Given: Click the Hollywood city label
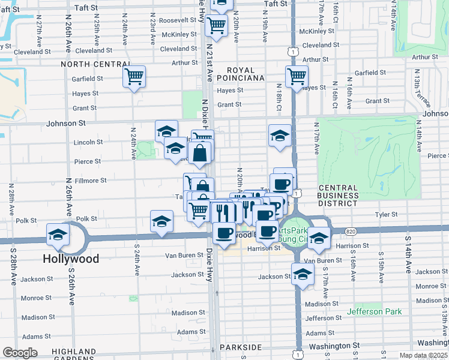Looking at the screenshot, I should (71, 259).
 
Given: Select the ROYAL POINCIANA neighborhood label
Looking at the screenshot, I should (240, 73).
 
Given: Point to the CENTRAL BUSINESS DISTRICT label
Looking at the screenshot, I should (338, 196).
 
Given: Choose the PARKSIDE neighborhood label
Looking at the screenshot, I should (241, 347).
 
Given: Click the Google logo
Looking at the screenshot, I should (20, 353).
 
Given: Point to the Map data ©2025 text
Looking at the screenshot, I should (423, 356).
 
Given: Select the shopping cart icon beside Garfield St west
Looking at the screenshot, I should (134, 76).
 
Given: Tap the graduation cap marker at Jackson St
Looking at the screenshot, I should (303, 274).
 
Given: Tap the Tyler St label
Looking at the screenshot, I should (386, 214).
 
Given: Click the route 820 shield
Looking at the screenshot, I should (351, 231).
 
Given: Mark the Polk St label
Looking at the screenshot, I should (86, 220).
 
